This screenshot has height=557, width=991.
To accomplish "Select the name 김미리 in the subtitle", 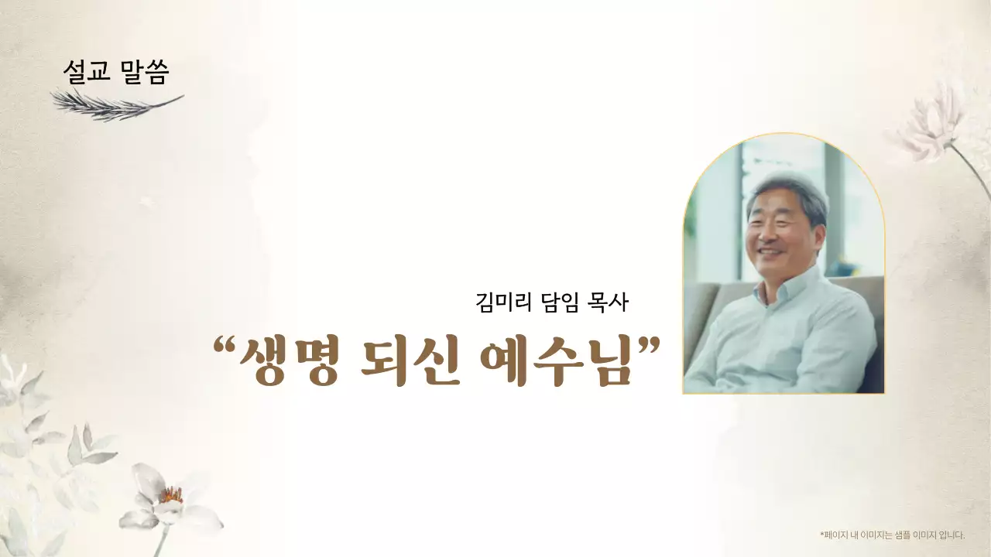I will (503, 302).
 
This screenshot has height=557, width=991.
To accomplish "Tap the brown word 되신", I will (410, 361).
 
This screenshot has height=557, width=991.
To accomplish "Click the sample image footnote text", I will (892, 535).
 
